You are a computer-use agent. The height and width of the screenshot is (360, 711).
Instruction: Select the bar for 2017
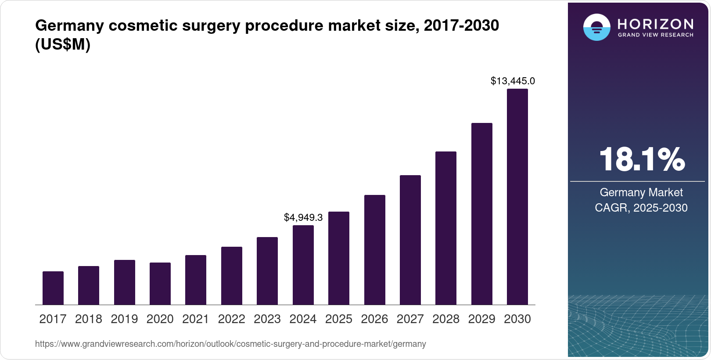tap(53, 288)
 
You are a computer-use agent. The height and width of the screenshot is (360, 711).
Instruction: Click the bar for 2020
tap(160, 284)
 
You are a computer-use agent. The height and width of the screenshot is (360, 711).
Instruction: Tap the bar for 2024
tap(303, 265)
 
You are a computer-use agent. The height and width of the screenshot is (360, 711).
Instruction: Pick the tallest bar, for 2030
tap(517, 197)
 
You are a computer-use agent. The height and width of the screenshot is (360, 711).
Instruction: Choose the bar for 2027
tap(410, 240)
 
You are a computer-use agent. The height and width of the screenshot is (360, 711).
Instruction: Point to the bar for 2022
tap(232, 276)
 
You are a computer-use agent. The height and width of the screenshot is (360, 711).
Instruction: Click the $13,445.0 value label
tap(513, 81)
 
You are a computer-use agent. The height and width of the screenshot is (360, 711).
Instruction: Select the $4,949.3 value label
tap(303, 217)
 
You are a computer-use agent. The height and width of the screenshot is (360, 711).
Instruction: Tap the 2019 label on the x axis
tap(124, 319)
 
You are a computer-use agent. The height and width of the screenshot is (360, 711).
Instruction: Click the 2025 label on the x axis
tap(339, 319)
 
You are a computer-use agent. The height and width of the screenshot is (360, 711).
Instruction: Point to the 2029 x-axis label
tap(481, 319)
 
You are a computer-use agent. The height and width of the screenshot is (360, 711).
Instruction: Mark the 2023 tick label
tap(267, 319)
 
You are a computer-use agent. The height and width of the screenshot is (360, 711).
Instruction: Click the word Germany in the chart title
tap(69, 25)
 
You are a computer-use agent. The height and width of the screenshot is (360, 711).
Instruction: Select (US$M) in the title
tap(63, 45)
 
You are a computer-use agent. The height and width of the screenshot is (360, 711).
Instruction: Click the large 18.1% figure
tap(641, 159)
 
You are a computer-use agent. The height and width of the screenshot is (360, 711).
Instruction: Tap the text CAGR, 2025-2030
tap(641, 208)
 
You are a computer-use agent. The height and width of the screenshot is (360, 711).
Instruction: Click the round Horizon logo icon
tap(596, 27)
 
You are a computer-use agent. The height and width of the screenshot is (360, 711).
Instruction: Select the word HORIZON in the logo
tap(656, 24)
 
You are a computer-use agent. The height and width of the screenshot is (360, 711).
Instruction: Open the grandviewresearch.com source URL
tap(230, 344)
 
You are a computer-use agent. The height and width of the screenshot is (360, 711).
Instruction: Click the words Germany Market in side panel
tap(641, 192)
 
